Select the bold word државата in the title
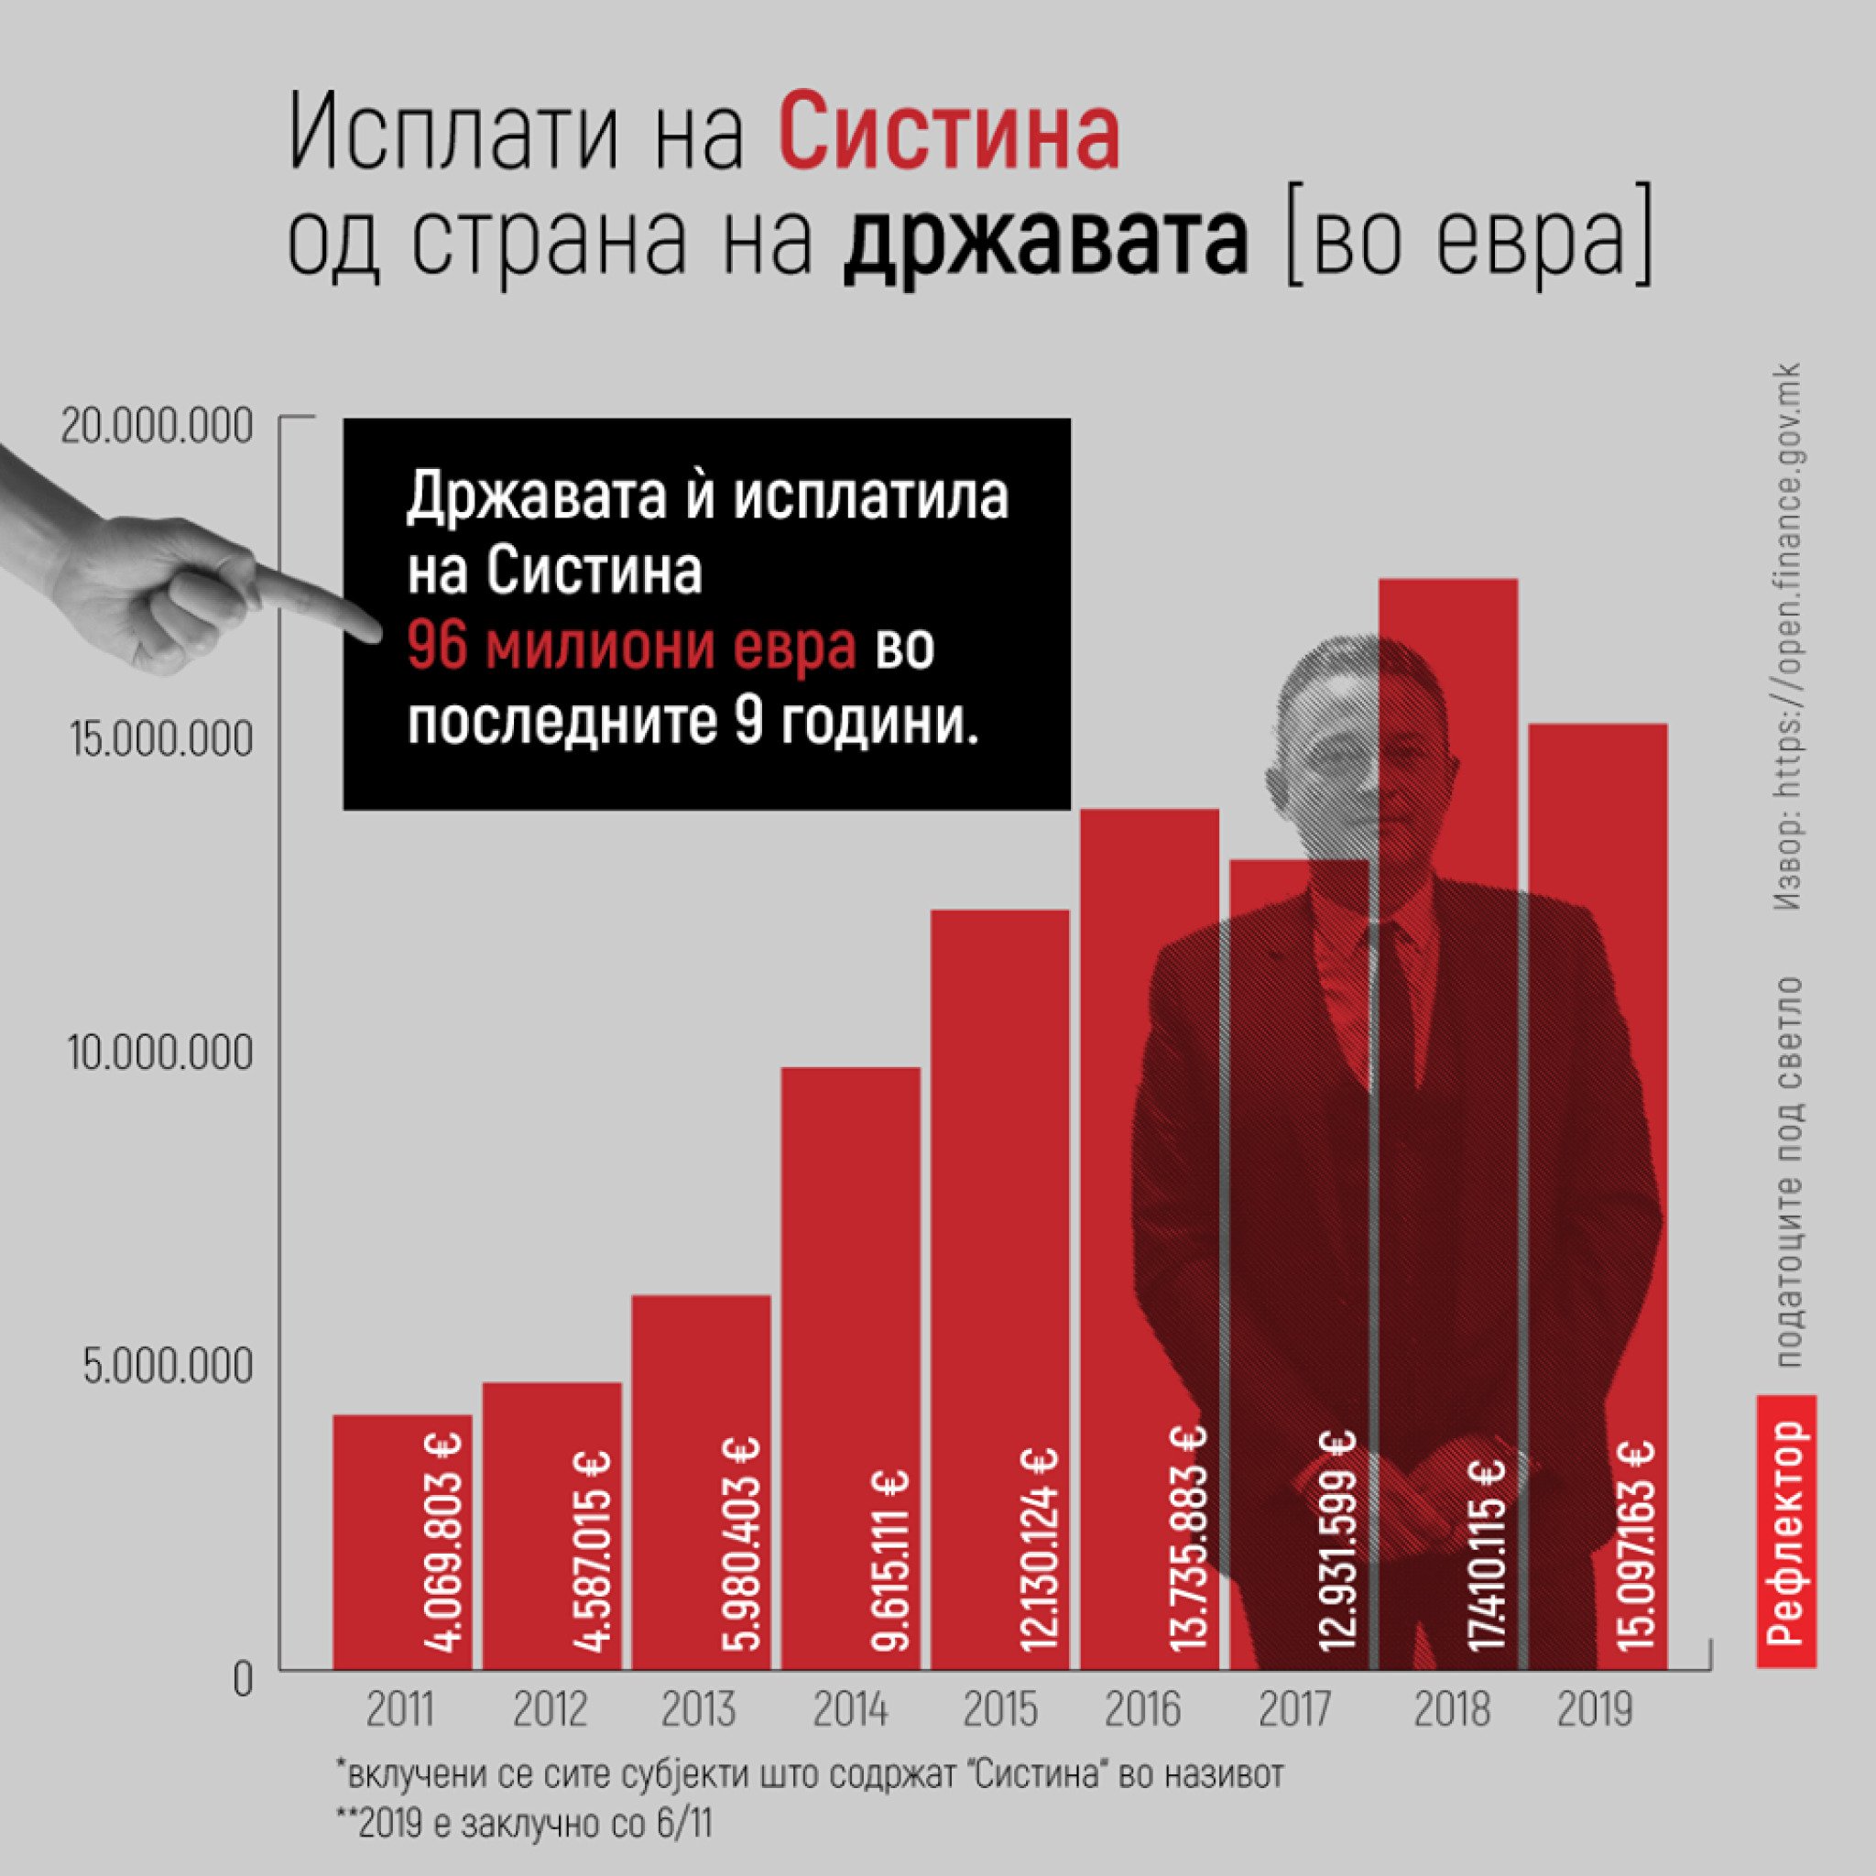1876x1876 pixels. coord(1045,245)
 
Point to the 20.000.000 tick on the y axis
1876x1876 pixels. coord(157,427)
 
